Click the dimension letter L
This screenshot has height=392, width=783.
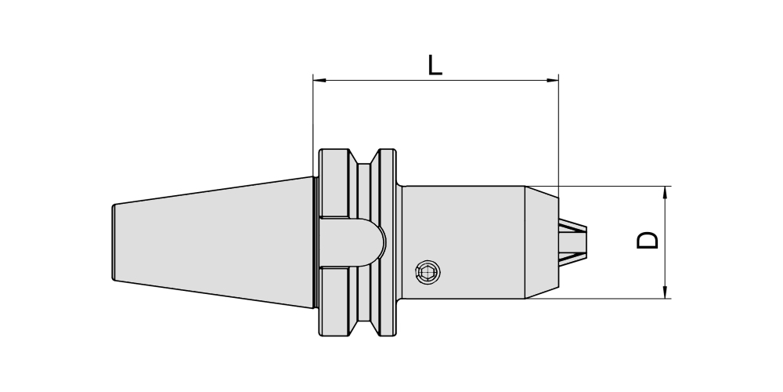click(435, 66)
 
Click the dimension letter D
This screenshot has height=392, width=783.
click(648, 240)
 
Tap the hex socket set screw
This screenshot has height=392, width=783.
click(428, 273)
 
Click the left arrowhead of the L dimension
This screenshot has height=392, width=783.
click(319, 80)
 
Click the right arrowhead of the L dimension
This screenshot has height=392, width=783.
click(552, 80)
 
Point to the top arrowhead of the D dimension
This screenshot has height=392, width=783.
click(665, 193)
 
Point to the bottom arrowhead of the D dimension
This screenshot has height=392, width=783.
click(665, 292)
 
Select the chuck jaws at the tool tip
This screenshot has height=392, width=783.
click(573, 242)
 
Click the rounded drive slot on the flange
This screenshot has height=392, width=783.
click(352, 242)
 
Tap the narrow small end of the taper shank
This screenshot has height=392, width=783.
click(114, 242)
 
